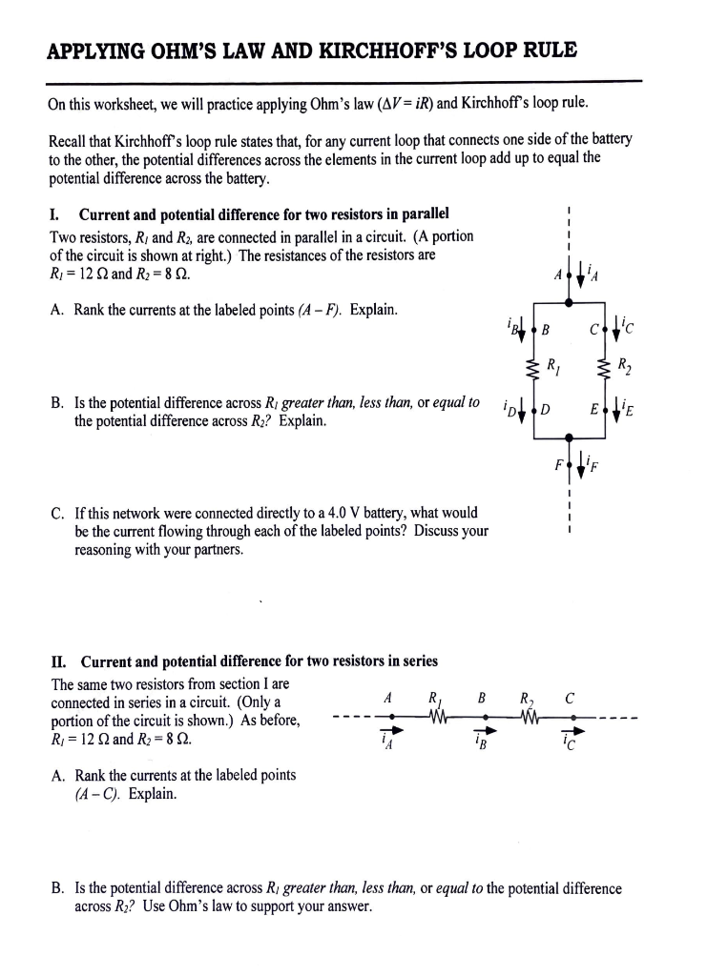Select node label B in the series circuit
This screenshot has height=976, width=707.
pyautogui.click(x=483, y=697)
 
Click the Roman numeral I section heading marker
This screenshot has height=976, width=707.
pyautogui.click(x=53, y=213)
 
